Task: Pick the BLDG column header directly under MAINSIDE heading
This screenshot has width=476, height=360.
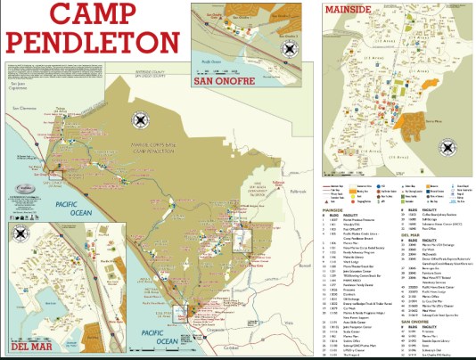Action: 336,217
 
